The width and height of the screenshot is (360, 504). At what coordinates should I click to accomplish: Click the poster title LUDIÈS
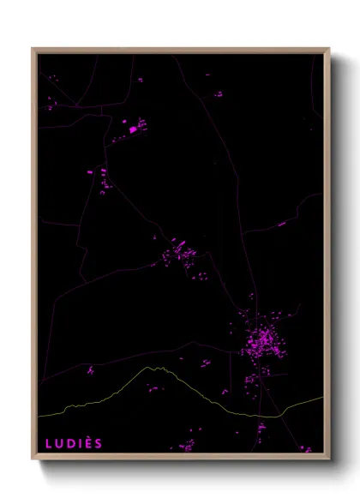(74, 443)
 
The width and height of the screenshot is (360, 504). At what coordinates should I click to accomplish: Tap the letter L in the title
(49, 443)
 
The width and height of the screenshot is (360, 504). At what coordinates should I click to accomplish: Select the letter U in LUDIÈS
(59, 443)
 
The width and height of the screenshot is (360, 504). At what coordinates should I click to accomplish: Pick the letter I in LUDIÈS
(79, 443)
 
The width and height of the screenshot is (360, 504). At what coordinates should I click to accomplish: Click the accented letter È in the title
(87, 443)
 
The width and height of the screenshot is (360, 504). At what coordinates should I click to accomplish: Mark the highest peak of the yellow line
(155, 368)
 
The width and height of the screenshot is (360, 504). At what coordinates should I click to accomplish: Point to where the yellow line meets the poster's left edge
(38, 416)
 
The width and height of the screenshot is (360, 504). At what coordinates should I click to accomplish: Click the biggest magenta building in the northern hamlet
(134, 129)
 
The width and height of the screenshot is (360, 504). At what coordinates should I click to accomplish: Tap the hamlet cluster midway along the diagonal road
(180, 253)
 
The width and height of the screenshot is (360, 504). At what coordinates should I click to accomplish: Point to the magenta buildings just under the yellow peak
(154, 387)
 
